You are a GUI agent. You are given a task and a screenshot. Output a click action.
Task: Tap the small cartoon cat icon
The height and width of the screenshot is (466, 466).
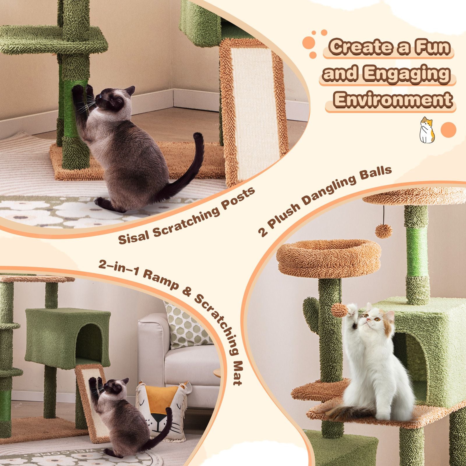(427, 130)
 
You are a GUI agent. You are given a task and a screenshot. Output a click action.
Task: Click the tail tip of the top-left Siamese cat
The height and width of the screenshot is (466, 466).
(198, 136)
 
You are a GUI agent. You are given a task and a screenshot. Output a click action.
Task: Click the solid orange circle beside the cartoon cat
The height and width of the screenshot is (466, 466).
(449, 130)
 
